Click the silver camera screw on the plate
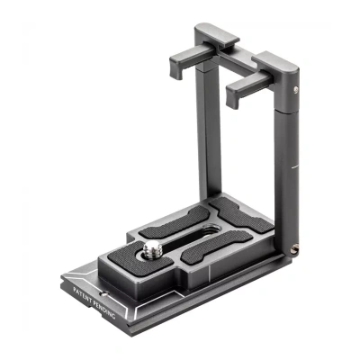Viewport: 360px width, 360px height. tap(153, 249)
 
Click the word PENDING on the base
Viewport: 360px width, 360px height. tap(104, 309)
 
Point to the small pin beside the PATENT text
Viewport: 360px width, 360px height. tap(104, 293)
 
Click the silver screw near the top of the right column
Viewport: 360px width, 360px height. tap(296, 89)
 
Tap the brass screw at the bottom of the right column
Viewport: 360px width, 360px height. tap(294, 249)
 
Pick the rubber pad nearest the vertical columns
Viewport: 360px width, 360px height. tap(241, 215)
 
